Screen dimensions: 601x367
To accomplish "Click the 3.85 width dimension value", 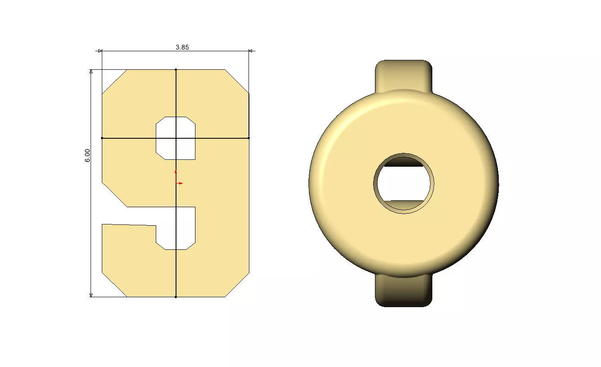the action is point(182,47).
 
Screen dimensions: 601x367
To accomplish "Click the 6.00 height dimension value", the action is point(88,155).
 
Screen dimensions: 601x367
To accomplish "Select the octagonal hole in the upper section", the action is point(176,138).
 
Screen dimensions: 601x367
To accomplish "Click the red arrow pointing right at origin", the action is point(180,183).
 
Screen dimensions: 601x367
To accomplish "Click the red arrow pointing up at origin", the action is point(176,171).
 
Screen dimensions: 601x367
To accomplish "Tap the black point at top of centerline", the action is point(176,69).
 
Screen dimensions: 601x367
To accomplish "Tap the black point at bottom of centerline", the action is point(176,297).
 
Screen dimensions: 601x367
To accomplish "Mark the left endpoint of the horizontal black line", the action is point(102,138).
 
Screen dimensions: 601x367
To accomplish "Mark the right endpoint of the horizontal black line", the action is point(249,138).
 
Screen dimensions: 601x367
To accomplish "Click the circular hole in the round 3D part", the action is point(403,183).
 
